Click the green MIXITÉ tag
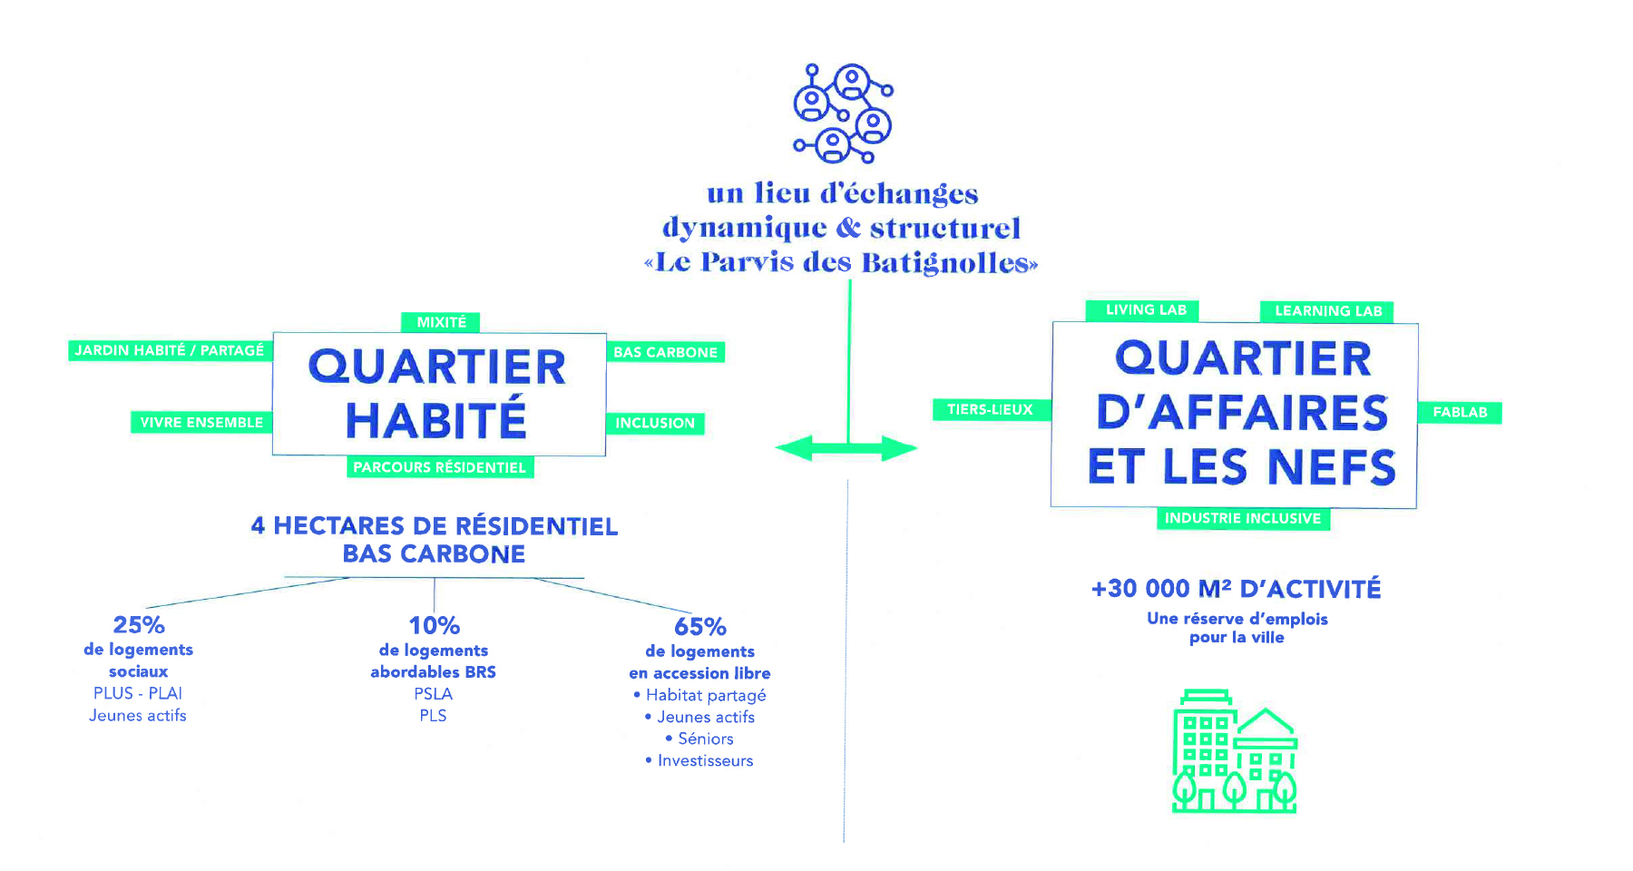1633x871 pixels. click(441, 322)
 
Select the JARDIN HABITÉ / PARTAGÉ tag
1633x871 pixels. click(170, 350)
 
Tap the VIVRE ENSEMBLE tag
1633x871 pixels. click(201, 422)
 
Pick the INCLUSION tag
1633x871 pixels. click(655, 423)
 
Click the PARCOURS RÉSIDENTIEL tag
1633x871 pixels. click(440, 467)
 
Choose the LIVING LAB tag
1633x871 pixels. click(1146, 310)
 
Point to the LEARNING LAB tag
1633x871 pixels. click(1328, 311)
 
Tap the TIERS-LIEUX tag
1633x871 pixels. click(990, 409)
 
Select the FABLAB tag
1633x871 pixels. click(1460, 412)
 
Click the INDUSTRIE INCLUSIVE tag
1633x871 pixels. click(1243, 518)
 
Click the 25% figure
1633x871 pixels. click(139, 625)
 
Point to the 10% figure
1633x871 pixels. click(435, 626)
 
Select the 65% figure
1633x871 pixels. click(700, 627)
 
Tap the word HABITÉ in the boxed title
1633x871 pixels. click(436, 420)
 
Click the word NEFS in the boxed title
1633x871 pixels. click(1331, 467)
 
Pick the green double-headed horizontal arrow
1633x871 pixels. click(846, 448)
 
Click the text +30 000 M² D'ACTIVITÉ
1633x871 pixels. click(1236, 589)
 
